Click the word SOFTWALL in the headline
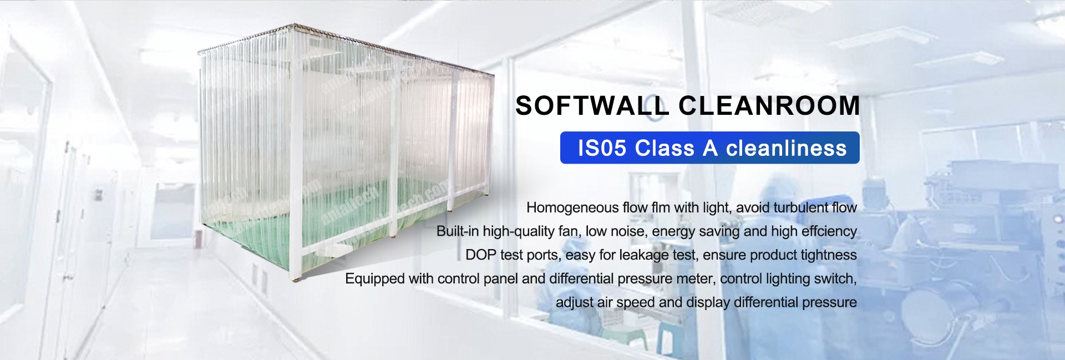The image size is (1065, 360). pyautogui.click(x=591, y=105)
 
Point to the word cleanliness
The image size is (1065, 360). pyautogui.click(x=787, y=148)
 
